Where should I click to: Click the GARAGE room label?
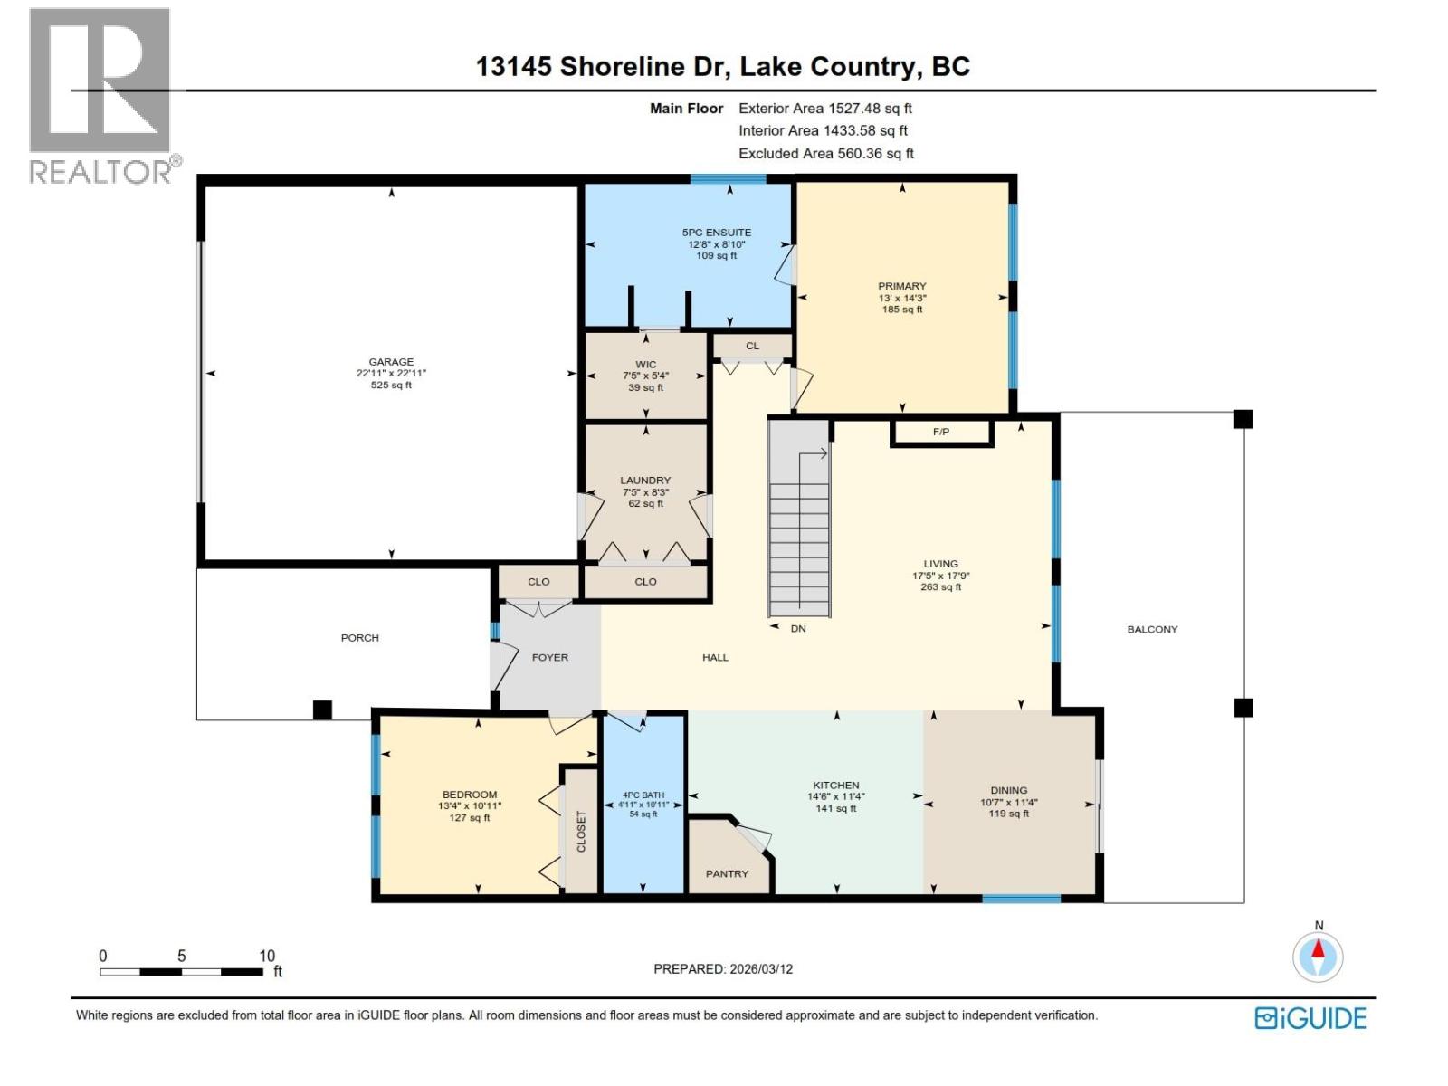coord(391,362)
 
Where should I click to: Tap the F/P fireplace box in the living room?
coord(941,433)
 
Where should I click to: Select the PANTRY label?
coord(727,874)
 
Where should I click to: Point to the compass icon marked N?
coord(1319,957)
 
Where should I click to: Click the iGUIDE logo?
coord(1310,1018)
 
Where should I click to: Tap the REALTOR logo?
coord(101,95)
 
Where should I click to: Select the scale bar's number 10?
coord(267,957)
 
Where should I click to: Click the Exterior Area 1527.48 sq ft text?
coord(825,109)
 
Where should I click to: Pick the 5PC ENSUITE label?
coord(717,233)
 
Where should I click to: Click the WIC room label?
coord(645,365)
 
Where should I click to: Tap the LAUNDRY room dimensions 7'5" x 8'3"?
coord(645,492)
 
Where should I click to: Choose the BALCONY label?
coord(1152,630)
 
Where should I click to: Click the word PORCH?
coord(359,638)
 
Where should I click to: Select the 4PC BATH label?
coord(643,795)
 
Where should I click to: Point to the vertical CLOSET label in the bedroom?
coord(581,831)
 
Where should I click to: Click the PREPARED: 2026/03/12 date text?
coord(723,969)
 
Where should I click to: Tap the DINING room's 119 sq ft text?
coord(1008,814)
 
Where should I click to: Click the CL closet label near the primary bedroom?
coord(752,346)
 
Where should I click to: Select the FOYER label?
coord(550,658)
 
